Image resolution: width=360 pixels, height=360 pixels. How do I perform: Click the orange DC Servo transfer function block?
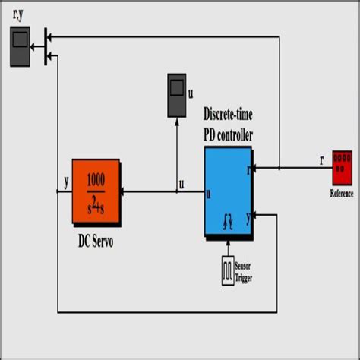click(x=96, y=191)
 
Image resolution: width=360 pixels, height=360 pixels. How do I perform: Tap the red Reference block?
click(x=342, y=168)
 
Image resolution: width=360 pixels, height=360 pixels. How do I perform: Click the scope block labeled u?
click(x=178, y=96)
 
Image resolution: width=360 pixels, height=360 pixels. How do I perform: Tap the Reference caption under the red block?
click(x=342, y=193)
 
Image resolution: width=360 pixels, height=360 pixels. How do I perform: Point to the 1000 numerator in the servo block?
click(x=96, y=180)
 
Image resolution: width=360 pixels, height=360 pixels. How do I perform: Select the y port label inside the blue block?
click(x=248, y=216)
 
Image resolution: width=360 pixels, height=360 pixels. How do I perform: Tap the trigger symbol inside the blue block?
click(x=228, y=222)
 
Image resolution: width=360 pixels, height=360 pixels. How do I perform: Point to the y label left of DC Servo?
click(x=68, y=182)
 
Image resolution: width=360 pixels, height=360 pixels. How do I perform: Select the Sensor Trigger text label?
click(x=244, y=272)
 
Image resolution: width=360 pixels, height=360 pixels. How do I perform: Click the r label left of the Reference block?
click(x=322, y=160)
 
